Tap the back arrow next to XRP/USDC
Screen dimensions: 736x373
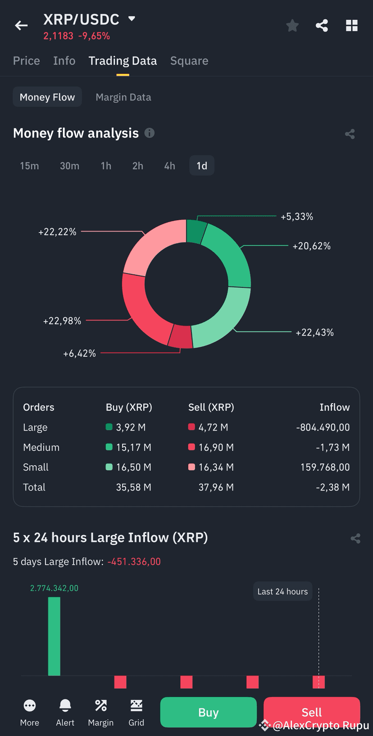point(21,26)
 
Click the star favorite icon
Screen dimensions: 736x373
point(292,26)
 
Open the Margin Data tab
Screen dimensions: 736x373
point(123,97)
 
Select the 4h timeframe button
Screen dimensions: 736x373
point(169,166)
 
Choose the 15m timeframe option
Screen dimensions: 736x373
point(29,166)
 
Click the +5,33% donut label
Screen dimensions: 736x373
point(297,217)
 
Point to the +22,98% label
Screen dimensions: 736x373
point(62,321)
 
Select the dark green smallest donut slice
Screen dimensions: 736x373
point(196,231)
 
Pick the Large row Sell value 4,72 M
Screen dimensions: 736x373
point(213,427)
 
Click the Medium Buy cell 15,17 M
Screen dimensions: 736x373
point(133,447)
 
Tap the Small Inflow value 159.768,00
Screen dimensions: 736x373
point(325,467)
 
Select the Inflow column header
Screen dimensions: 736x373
point(334,407)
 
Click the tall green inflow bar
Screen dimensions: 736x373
point(54,636)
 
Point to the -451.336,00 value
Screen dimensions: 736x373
point(134,562)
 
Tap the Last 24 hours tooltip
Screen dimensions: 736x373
point(282,591)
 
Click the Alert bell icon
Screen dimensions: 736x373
point(65,706)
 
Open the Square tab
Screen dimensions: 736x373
point(189,61)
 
